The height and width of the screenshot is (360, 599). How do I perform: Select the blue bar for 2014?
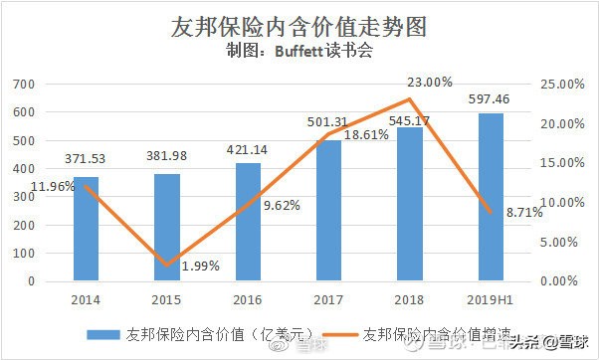click(x=86, y=229)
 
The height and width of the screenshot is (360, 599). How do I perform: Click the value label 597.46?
click(x=491, y=99)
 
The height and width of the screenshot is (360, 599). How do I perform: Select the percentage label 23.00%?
click(x=429, y=82)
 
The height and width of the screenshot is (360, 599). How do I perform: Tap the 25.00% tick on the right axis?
click(x=558, y=86)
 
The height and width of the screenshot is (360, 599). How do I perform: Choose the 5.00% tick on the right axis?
click(x=560, y=242)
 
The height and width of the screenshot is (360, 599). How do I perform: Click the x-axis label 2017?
click(x=329, y=297)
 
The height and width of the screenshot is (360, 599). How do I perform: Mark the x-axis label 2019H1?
click(x=491, y=297)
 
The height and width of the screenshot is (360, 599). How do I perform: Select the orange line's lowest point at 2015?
click(x=167, y=265)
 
